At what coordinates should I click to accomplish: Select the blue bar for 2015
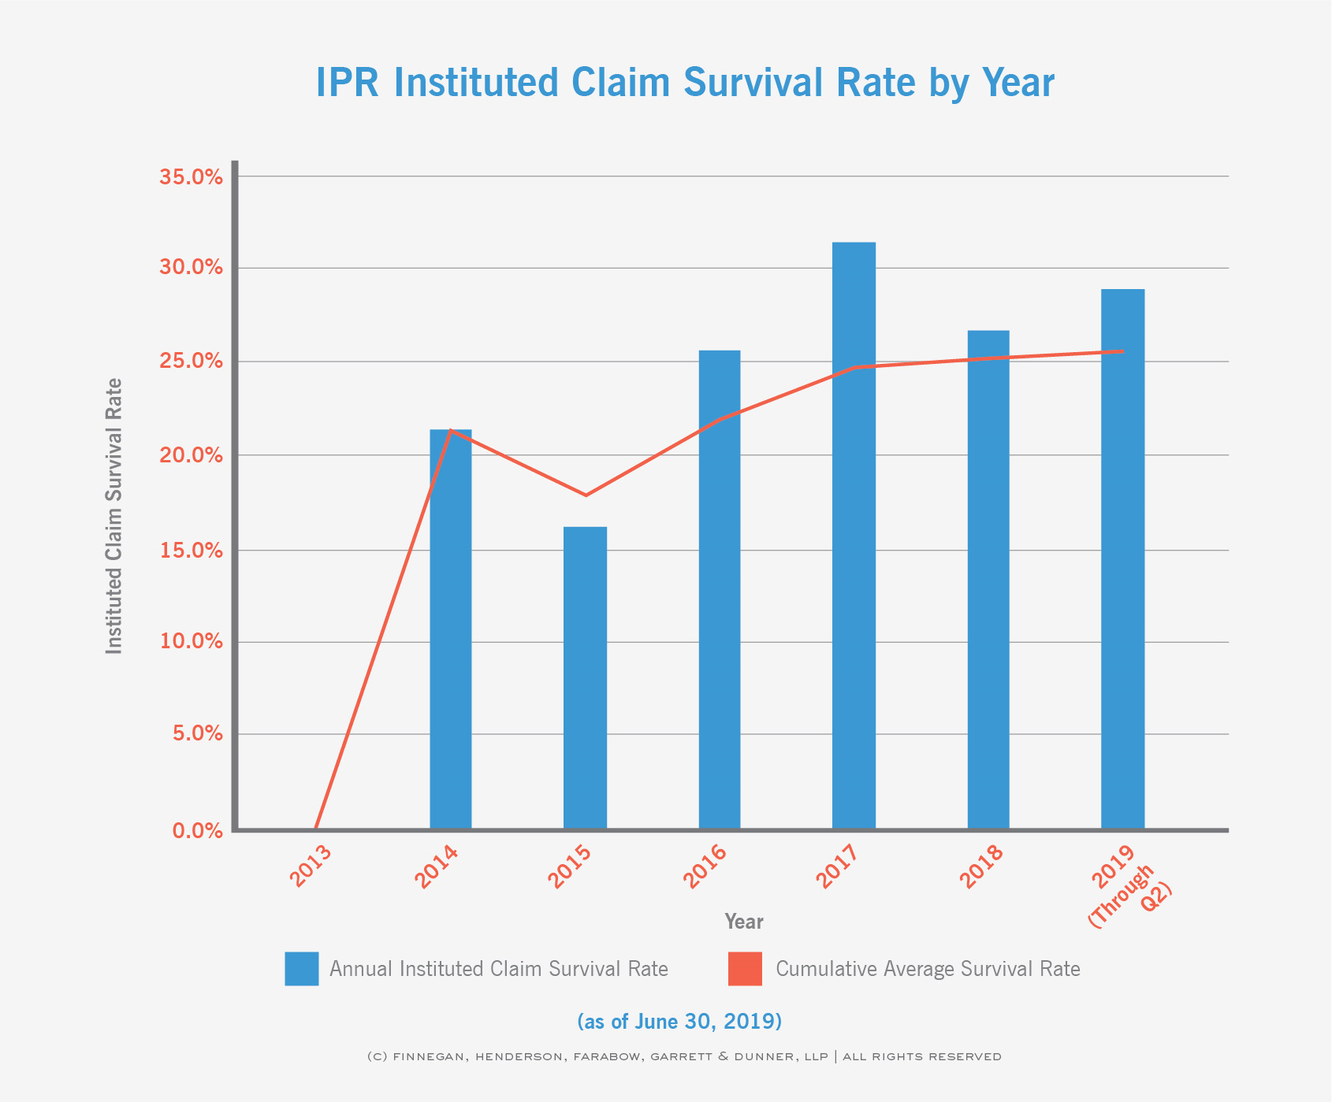tap(585, 677)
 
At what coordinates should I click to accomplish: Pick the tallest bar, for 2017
tap(854, 536)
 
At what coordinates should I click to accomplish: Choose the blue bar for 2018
tap(988, 579)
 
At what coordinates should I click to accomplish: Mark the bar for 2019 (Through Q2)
tap(1122, 558)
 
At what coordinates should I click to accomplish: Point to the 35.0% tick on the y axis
tap(192, 176)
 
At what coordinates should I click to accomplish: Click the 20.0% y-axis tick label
tap(192, 455)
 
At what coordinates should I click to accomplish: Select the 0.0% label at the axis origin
tap(198, 830)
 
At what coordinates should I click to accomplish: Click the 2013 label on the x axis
tap(310, 867)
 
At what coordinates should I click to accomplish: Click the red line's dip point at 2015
tap(586, 495)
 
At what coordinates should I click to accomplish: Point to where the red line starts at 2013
tap(315, 829)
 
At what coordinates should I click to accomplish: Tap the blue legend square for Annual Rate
tap(302, 969)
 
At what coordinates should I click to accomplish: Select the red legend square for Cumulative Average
tap(745, 969)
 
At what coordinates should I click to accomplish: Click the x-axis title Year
tap(744, 921)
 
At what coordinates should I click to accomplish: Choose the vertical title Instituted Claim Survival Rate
tap(115, 516)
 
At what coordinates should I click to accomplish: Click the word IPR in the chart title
tap(348, 83)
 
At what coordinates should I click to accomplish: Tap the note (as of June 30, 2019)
tap(679, 1022)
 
